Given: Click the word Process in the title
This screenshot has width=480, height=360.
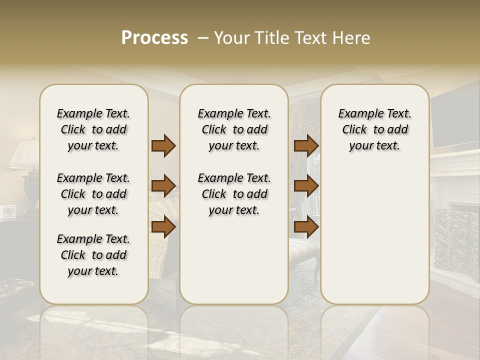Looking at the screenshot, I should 154,38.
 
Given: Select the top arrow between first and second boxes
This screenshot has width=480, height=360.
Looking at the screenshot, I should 163,145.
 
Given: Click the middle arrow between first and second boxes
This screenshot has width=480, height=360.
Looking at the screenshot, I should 163,186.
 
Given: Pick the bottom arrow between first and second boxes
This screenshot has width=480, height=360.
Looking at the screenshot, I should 163,227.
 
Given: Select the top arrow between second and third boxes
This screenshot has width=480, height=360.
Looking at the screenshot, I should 306,145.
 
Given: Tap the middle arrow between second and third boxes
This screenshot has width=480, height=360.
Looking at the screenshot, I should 306,186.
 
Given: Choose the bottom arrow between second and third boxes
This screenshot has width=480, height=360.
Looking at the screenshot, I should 306,227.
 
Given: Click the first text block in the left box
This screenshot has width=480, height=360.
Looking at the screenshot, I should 93,129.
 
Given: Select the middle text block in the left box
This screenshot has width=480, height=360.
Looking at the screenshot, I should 93,194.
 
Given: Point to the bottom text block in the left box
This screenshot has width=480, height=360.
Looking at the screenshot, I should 93,255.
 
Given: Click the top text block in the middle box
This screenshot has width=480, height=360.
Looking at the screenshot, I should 234,129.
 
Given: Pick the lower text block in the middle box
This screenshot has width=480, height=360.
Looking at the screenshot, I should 234,194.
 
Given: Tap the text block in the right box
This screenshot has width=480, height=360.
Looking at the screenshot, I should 374,129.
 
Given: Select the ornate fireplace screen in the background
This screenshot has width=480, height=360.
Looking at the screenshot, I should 455,240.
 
